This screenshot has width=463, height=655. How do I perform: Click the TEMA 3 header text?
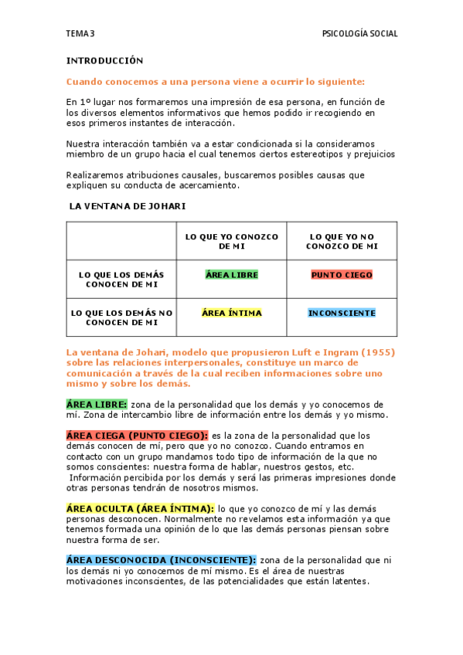pyautogui.click(x=80, y=34)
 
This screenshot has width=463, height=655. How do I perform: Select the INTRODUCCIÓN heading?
pyautogui.click(x=105, y=60)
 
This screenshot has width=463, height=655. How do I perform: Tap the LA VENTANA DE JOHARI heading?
pyautogui.click(x=127, y=206)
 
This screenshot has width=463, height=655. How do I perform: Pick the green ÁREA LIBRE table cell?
pyautogui.click(x=232, y=275)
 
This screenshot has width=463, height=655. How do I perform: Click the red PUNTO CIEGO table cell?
pyautogui.click(x=342, y=275)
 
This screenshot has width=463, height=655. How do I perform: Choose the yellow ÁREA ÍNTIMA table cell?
pyautogui.click(x=232, y=314)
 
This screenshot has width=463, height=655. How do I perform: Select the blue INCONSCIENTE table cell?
pyautogui.click(x=342, y=314)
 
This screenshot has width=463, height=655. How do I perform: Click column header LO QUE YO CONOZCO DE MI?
pyautogui.click(x=232, y=240)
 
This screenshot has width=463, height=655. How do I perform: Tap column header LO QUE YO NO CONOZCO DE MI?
pyautogui.click(x=342, y=240)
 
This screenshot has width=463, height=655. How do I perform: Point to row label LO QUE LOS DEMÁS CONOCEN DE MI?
pyautogui.click(x=121, y=279)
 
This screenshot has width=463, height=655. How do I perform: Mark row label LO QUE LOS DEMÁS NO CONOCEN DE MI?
pyautogui.click(x=121, y=317)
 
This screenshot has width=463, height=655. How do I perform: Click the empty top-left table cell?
pyautogui.click(x=121, y=240)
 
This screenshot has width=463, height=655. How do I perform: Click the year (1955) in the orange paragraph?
pyautogui.click(x=376, y=352)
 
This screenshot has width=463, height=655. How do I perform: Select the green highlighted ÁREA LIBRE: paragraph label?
pyautogui.click(x=97, y=404)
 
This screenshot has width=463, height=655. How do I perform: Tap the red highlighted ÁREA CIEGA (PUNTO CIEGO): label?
pyautogui.click(x=137, y=436)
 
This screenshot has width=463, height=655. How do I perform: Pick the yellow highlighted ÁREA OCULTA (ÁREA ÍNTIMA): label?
pyautogui.click(x=140, y=508)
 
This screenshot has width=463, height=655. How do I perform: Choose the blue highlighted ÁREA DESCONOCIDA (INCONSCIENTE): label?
pyautogui.click(x=161, y=560)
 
